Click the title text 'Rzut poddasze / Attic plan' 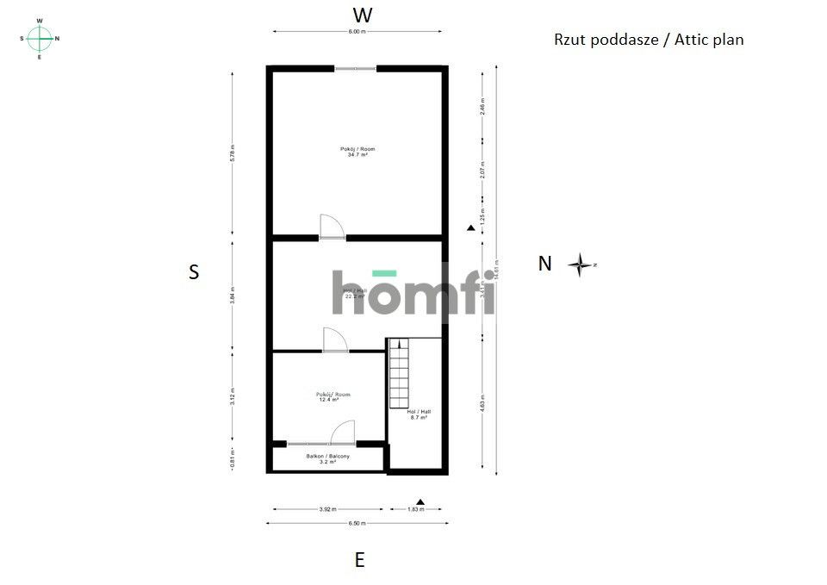click(x=649, y=40)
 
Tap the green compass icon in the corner click(x=40, y=38)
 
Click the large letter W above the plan click(x=363, y=15)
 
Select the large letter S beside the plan click(x=194, y=272)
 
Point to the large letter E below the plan click(x=359, y=560)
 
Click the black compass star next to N click(x=581, y=264)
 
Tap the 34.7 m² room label click(x=358, y=152)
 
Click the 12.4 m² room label click(x=333, y=397)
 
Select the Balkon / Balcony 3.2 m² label click(x=327, y=458)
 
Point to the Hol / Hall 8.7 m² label click(x=419, y=414)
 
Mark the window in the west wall click(x=355, y=68)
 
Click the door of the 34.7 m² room click(x=332, y=226)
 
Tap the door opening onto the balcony click(x=342, y=432)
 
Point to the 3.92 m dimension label click(x=326, y=509)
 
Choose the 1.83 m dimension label click(x=415, y=509)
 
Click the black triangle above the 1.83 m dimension click(x=420, y=501)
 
